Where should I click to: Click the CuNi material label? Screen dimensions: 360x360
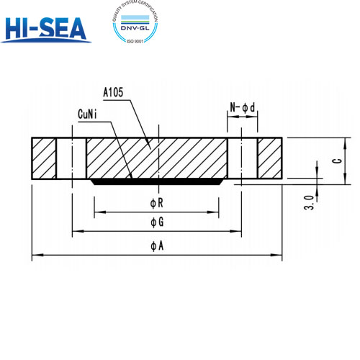pos(91,114)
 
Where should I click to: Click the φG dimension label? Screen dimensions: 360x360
pos(156,222)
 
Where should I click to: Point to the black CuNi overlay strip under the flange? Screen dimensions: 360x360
pos(157,181)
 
